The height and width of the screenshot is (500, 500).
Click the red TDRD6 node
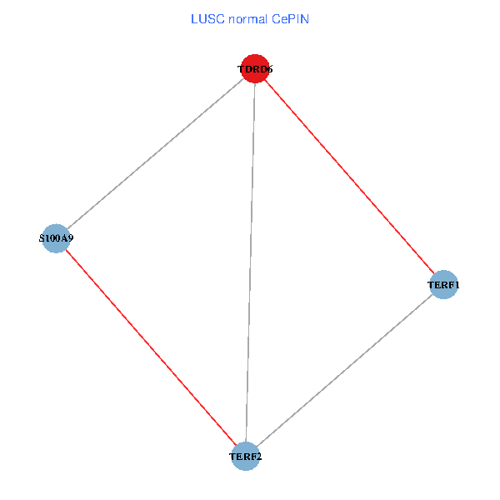click(254, 69)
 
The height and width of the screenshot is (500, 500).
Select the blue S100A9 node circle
click(55, 238)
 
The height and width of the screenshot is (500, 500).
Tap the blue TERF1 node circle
click(443, 285)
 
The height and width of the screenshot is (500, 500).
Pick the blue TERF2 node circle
click(245, 456)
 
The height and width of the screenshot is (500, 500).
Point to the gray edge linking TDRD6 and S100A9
click(155, 153)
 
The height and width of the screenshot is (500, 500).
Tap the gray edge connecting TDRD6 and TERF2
click(250, 262)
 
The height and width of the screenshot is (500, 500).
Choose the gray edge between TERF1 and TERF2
click(344, 371)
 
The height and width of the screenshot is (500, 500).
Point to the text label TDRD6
click(255, 69)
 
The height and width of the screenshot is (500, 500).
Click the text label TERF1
click(443, 285)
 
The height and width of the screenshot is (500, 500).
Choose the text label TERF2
click(245, 457)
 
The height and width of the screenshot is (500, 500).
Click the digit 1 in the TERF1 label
click(457, 285)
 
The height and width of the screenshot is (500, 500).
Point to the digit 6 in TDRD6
click(269, 69)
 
